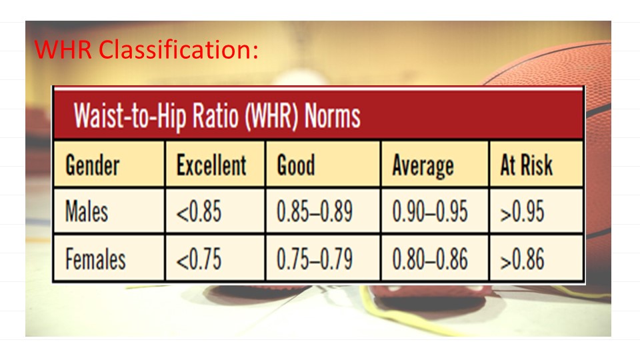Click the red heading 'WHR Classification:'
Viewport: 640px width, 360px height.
pos(146,50)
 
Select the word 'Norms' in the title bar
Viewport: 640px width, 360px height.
pos(332,115)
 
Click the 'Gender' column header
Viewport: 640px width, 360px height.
pos(92,165)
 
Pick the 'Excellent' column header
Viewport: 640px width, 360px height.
pos(211,165)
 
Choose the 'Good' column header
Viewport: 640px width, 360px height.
pos(296,165)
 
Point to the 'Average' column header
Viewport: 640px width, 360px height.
pos(423,166)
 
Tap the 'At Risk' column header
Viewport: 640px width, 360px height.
pos(527,165)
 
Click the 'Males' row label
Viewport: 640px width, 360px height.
pos(87,211)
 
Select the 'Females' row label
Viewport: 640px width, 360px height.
pos(95,259)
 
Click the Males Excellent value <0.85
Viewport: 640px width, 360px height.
pos(199,212)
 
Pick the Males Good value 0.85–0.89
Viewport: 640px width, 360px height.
pos(315,212)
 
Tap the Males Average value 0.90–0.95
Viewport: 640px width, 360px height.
pos(430,212)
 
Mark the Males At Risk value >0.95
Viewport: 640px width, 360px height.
pos(523,212)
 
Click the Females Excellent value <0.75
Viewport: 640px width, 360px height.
pos(199,259)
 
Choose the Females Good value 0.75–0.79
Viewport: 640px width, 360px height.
pos(315,259)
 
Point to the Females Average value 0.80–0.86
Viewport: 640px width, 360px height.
pos(430,259)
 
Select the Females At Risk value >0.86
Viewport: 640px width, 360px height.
pos(523,259)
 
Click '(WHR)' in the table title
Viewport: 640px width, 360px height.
pos(271,117)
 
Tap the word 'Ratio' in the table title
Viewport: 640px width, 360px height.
pos(215,115)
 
